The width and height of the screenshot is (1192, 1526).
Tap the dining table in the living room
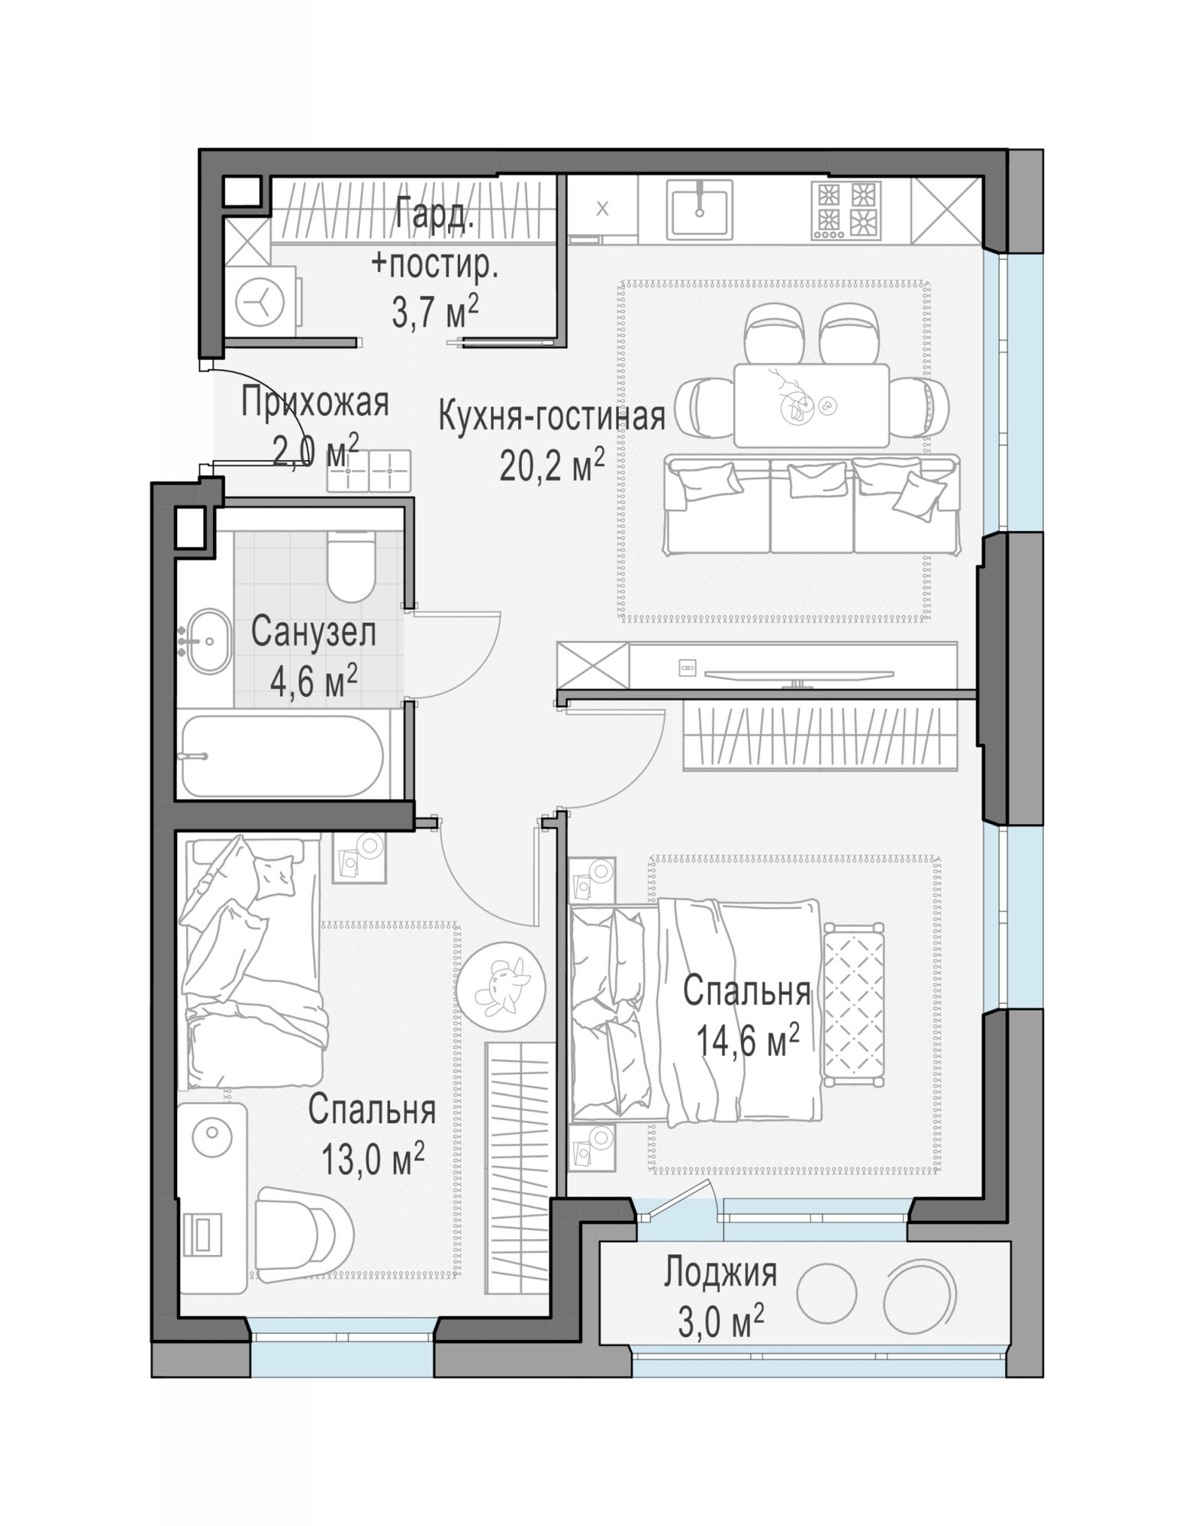coord(811,405)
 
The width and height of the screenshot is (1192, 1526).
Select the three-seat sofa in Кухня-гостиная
coord(811,504)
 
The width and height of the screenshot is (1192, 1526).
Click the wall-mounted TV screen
coord(798,674)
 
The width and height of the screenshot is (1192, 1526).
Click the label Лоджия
coord(720,1273)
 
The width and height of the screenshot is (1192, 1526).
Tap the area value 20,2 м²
coord(552,465)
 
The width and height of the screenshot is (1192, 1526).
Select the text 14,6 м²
coord(748,1040)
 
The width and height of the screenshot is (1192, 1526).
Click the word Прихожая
coord(315,402)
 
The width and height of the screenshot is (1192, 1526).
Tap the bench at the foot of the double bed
coord(853,1003)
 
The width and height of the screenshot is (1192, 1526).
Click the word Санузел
coord(314,633)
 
